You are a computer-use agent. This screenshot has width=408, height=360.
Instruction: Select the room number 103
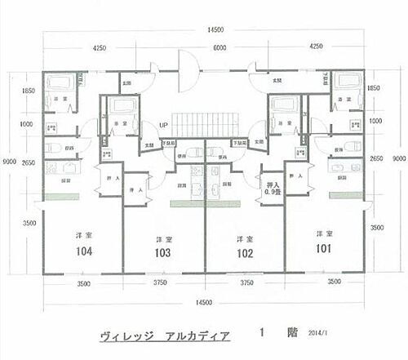tap(163, 254)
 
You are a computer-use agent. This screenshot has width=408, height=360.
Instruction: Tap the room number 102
tap(242, 254)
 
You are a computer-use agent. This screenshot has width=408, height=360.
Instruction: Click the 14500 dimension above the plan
tap(215, 29)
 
